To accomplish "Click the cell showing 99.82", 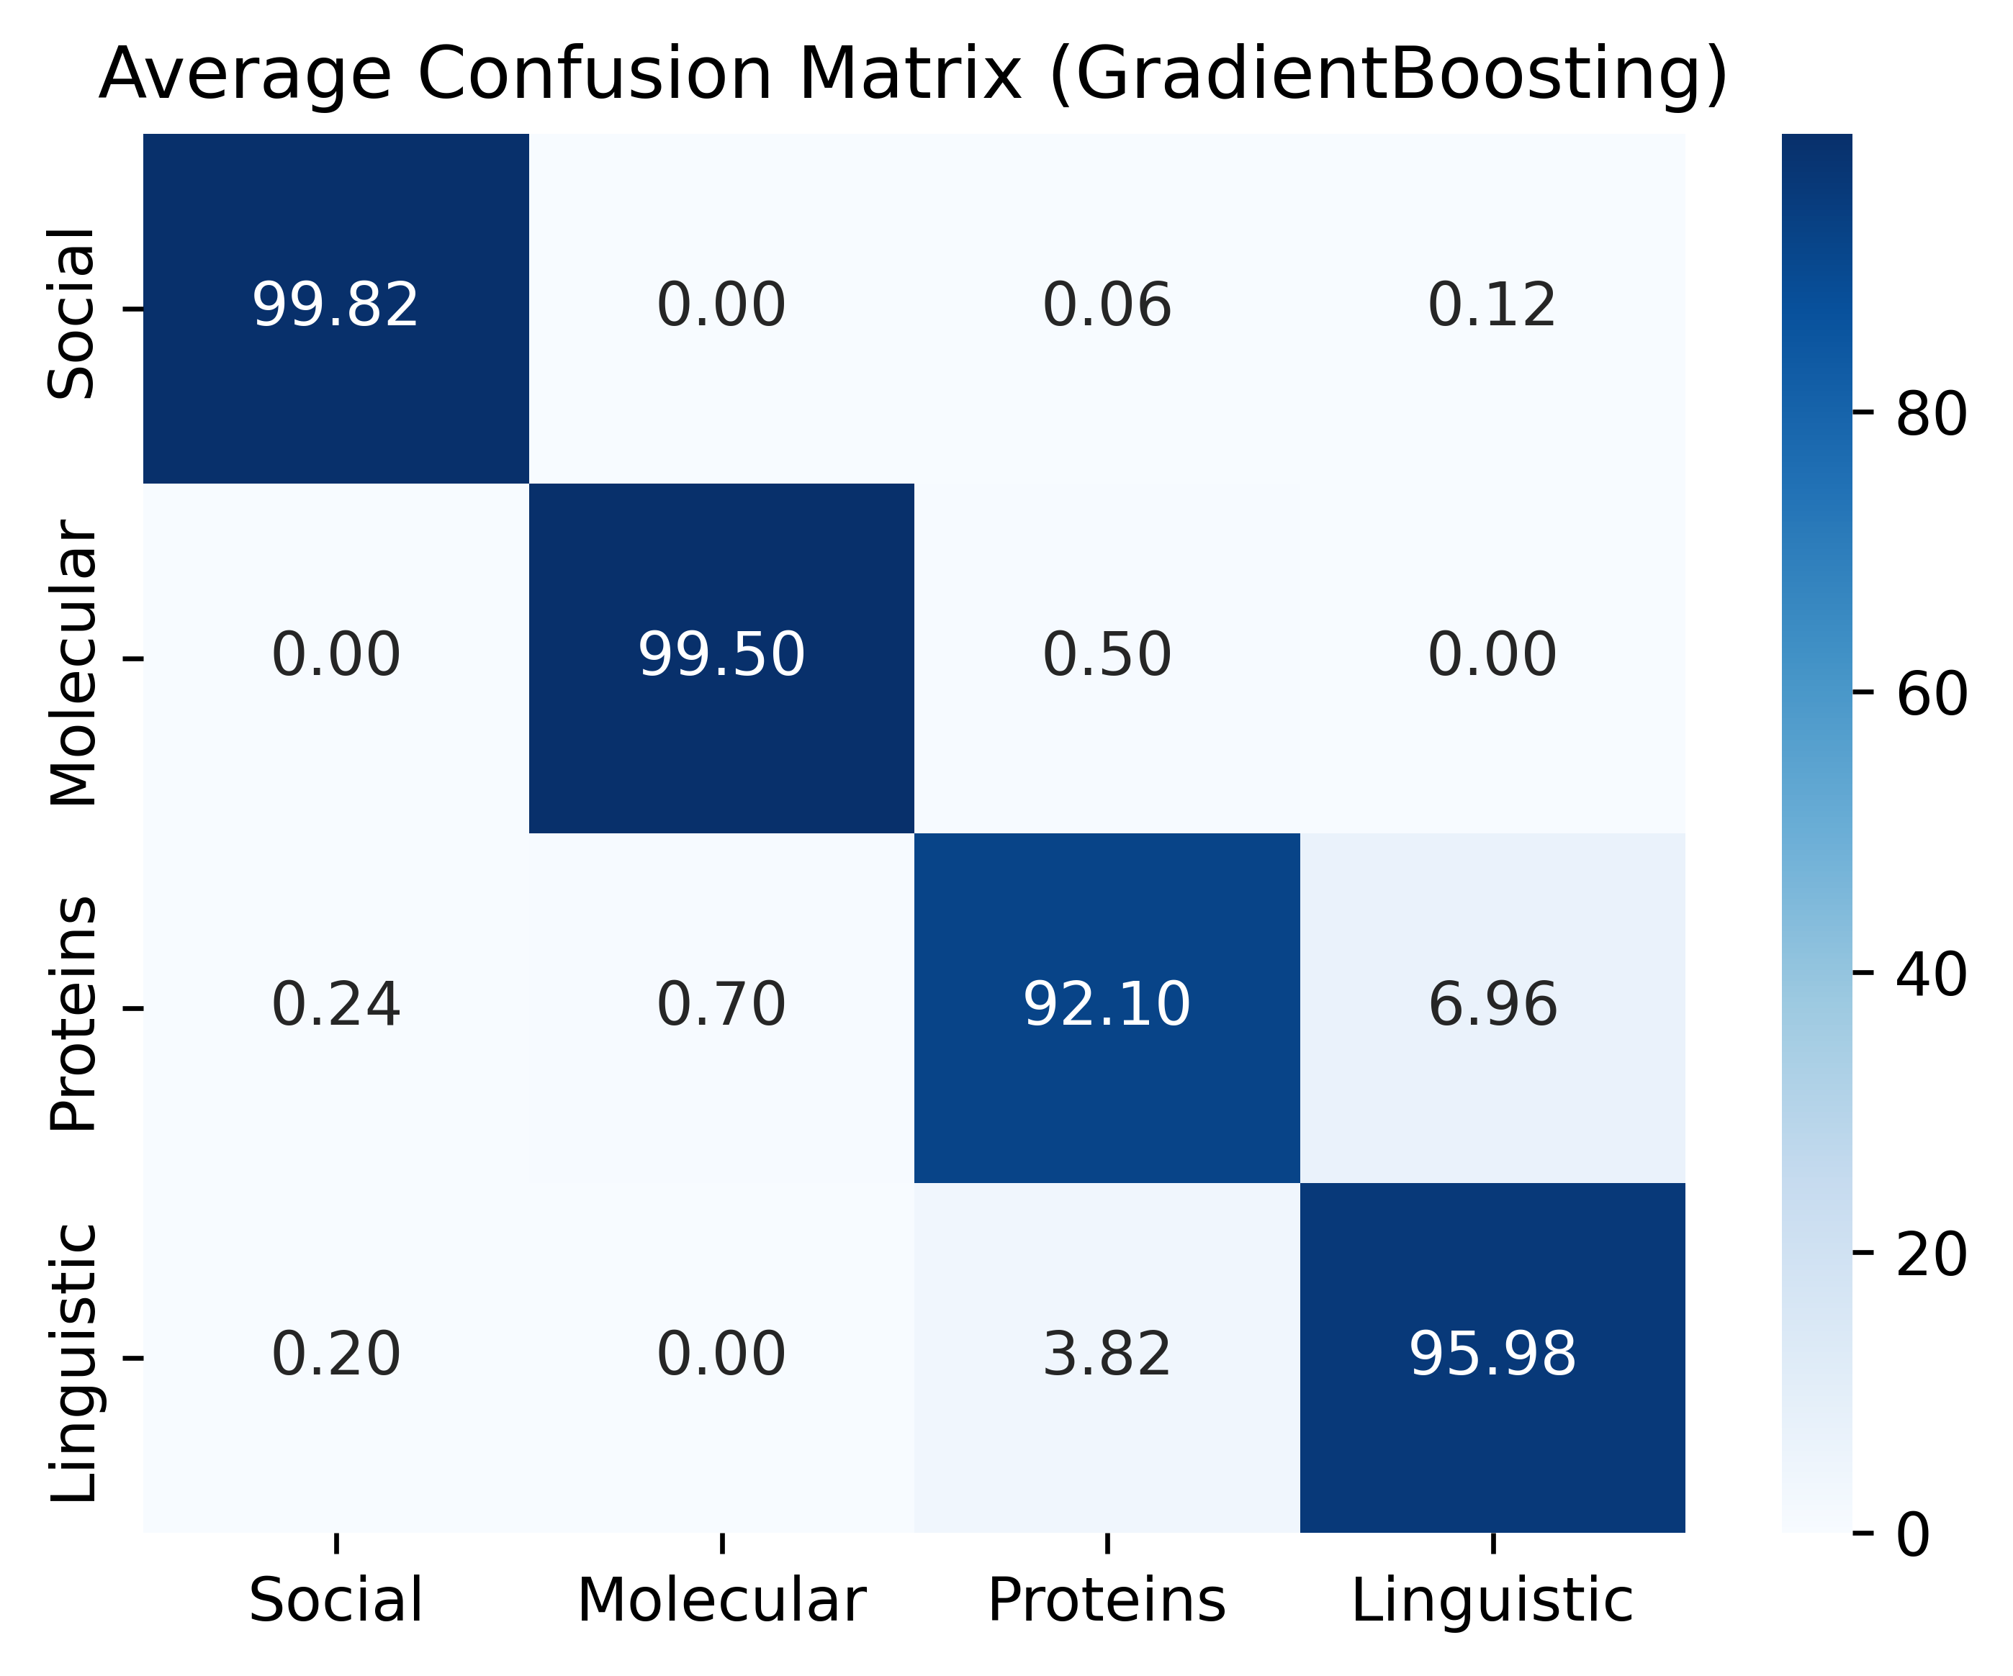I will [x=335, y=307].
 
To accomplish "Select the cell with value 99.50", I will [x=721, y=656].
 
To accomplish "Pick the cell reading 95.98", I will [x=1492, y=1355].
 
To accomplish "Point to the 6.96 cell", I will [x=1492, y=1006].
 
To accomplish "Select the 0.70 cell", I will [x=721, y=1006].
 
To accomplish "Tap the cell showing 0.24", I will [x=335, y=1006].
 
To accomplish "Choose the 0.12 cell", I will [x=1492, y=307].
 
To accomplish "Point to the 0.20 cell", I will [x=335, y=1355].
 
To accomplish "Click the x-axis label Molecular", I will [x=721, y=1601].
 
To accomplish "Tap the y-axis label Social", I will [x=73, y=312].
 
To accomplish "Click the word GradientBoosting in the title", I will [x=1388, y=75].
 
